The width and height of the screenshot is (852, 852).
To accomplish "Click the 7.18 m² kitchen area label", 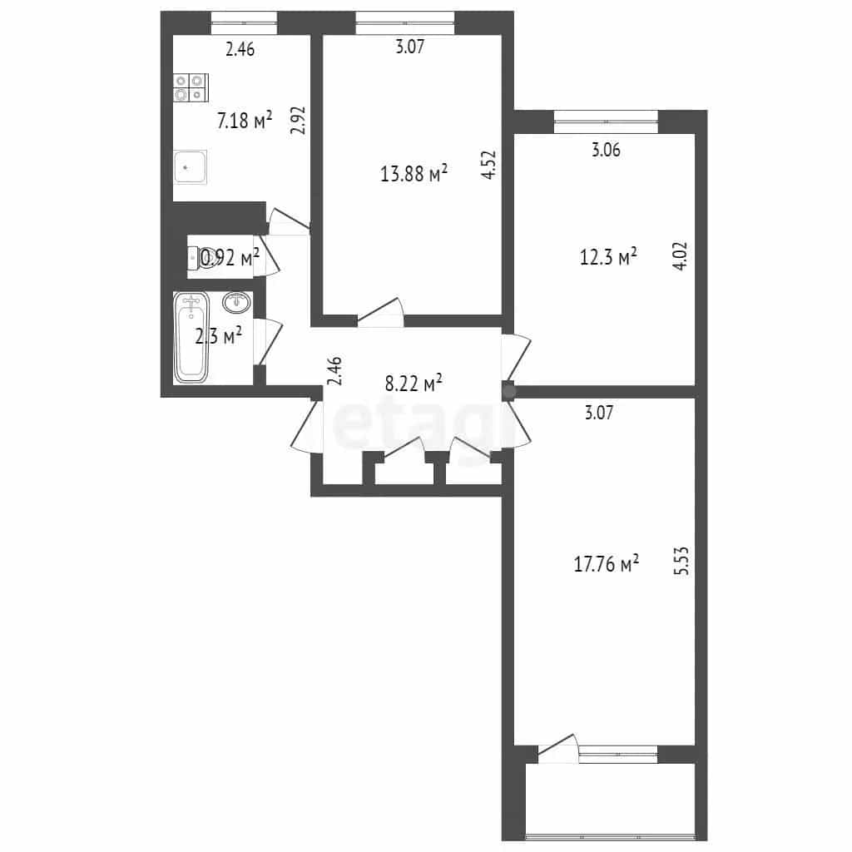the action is point(244,120).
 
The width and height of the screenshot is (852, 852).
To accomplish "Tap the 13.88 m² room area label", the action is point(414,173).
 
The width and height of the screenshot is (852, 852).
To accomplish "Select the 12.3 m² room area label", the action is point(608,256).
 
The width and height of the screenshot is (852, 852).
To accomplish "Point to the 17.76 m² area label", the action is point(606,563).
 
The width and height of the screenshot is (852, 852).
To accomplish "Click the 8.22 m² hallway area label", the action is point(414,383).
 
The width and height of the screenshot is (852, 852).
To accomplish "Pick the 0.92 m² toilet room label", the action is point(230,257).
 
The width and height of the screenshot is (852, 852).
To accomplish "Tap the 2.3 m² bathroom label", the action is point(219,336).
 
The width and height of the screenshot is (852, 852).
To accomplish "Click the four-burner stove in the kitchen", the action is point(191,87).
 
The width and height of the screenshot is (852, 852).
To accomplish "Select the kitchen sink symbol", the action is point(191,167).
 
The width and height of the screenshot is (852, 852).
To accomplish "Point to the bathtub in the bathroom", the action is point(191,338).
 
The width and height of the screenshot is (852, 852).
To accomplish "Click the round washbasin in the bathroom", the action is point(237,303).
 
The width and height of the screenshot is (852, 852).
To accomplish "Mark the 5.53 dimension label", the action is point(681,562).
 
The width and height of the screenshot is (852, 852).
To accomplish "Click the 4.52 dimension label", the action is point(489,165).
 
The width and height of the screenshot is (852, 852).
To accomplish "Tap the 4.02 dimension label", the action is point(680,255).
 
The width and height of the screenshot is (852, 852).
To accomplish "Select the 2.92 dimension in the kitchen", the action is point(298,120).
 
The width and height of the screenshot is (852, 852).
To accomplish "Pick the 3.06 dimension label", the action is point(606,150).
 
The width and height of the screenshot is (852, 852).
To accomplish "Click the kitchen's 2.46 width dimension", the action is point(240,49).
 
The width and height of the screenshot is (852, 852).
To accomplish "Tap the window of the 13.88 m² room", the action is point(405,23).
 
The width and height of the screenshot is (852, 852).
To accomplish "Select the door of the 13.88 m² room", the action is point(380,313).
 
